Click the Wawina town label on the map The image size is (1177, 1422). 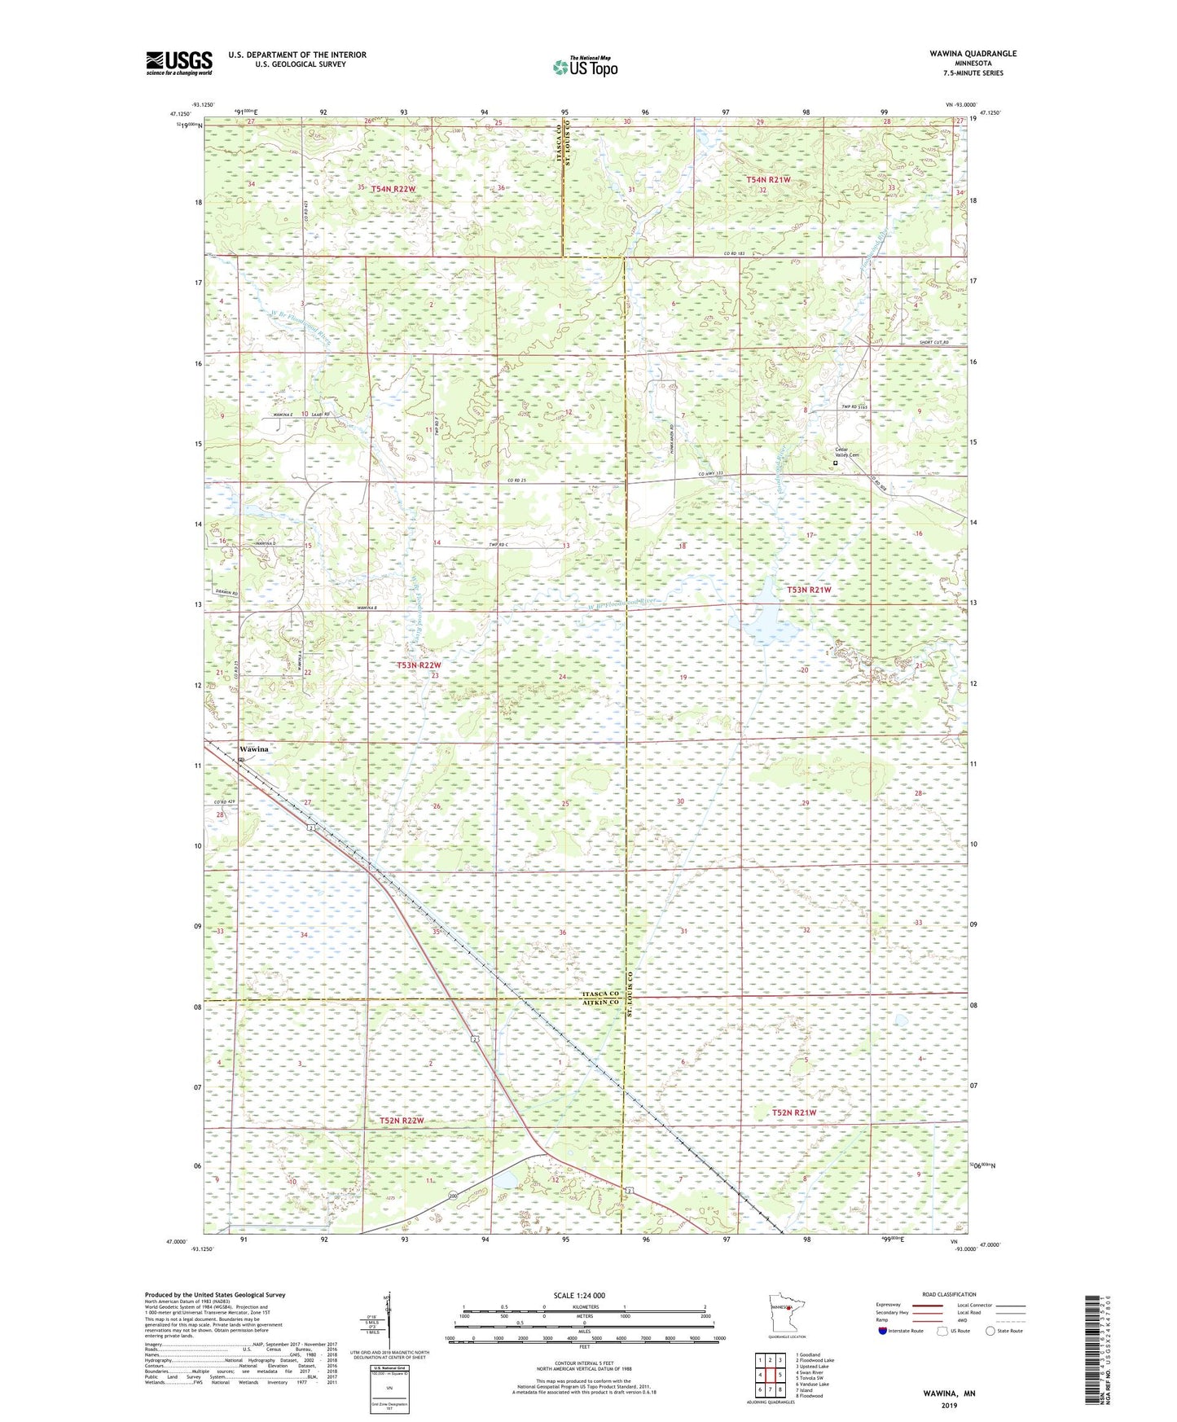coord(253,748)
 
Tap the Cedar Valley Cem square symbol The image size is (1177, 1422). coord(835,463)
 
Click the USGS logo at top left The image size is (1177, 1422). coord(179,63)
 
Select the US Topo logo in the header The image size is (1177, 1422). coord(584,67)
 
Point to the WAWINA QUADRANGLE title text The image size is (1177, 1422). coord(973,54)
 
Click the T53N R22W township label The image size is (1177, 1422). coord(419,665)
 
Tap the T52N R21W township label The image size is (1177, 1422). coord(793,1113)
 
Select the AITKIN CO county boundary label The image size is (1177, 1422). coord(600,1004)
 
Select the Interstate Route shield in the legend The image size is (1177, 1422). coord(884,1331)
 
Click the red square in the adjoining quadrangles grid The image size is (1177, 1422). coord(770,1375)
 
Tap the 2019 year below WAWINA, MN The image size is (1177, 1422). coord(948,1405)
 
